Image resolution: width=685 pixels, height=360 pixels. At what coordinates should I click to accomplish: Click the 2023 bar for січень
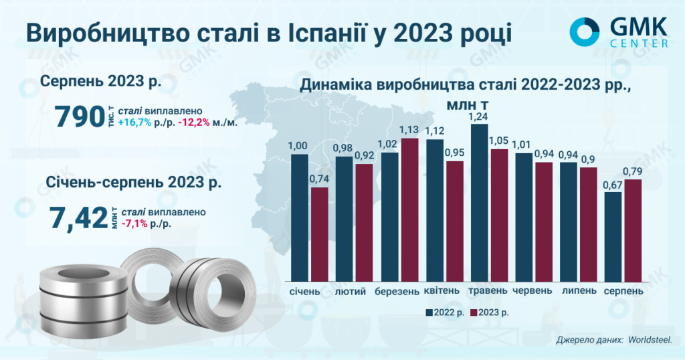pyautogui.click(x=320, y=234)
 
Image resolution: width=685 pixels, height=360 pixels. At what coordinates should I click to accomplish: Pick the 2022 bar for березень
pyautogui.click(x=390, y=216)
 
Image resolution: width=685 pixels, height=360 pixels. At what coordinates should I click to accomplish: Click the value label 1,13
pyautogui.click(x=409, y=130)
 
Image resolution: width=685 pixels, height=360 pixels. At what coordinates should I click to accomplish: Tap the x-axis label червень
pyautogui.click(x=532, y=291)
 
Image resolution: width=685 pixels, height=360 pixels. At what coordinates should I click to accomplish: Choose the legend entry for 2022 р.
pyautogui.click(x=445, y=312)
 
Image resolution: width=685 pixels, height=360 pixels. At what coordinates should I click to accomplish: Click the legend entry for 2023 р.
pyautogui.click(x=491, y=312)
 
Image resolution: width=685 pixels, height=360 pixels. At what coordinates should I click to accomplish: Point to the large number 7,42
pyautogui.click(x=78, y=218)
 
